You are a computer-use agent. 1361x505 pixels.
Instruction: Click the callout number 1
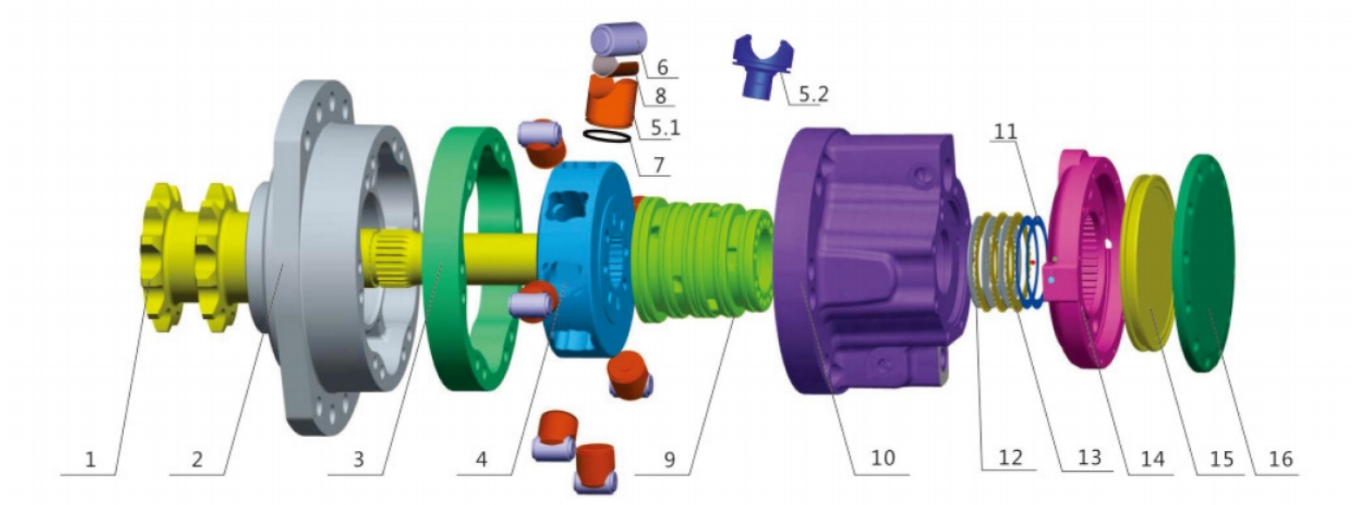(90, 460)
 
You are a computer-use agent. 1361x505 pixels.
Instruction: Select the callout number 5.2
(813, 94)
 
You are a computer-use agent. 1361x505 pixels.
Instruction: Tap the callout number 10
(883, 458)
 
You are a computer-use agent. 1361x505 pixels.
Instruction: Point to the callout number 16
(1281, 458)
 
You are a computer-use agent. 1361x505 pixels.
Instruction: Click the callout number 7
(659, 164)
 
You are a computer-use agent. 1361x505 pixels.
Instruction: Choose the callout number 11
(1006, 131)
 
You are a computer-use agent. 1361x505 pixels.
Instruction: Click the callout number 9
(669, 460)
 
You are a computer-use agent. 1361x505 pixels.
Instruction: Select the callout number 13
(1089, 457)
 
